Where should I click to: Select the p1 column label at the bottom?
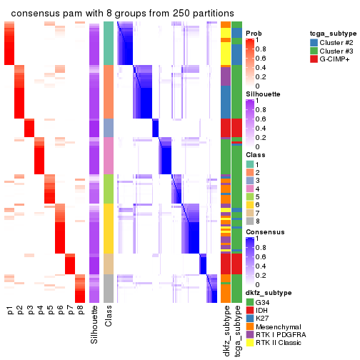coord(10,311)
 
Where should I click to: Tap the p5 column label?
coord(50,311)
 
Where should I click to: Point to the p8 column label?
coord(80,311)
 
